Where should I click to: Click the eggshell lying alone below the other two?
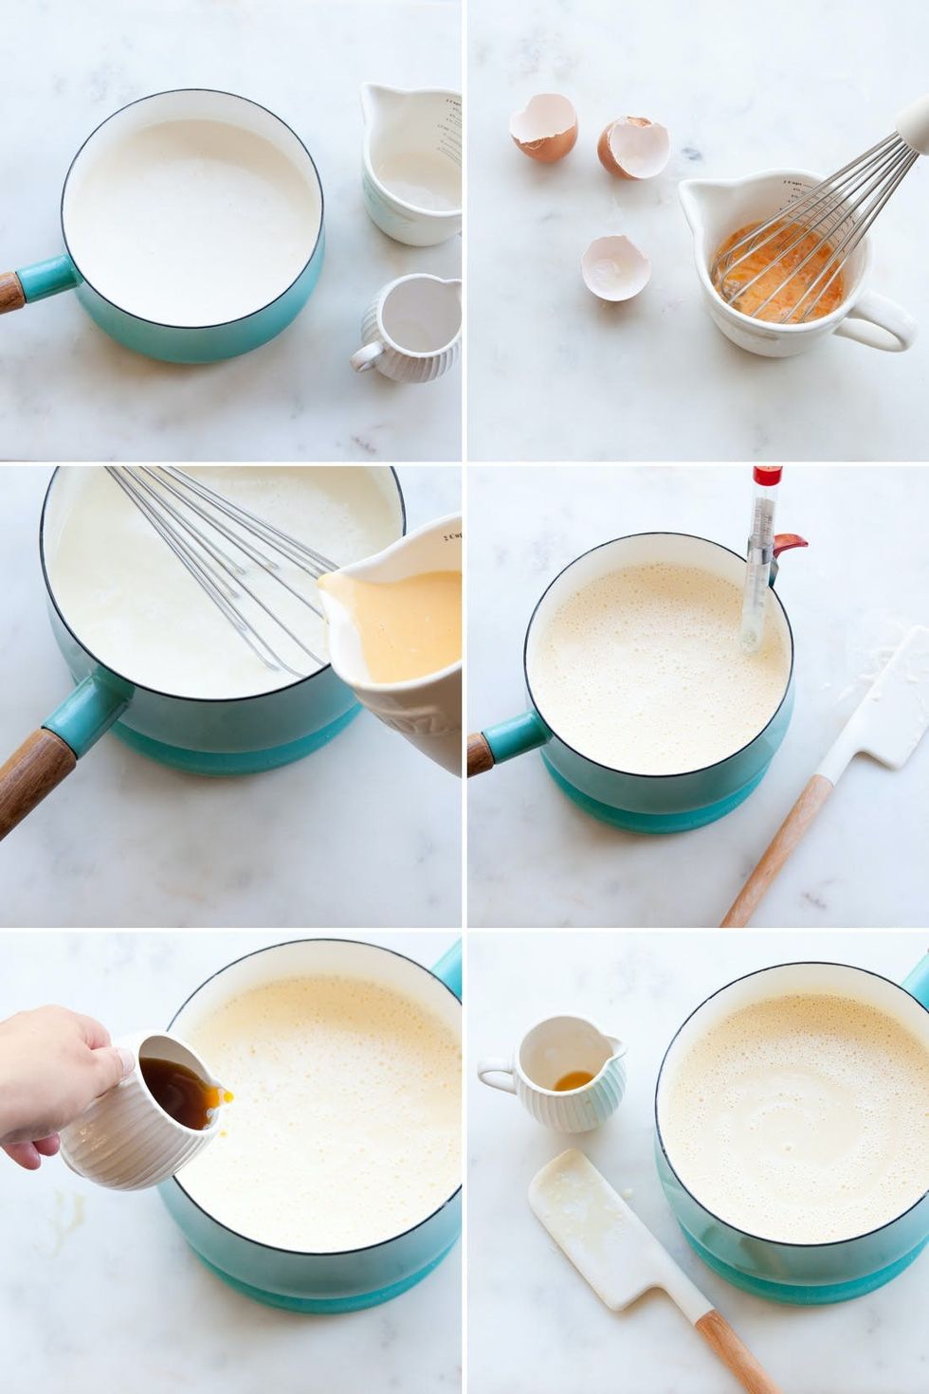(x=615, y=268)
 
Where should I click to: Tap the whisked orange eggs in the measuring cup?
(x=777, y=275)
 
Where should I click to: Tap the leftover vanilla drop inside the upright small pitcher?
(x=573, y=1081)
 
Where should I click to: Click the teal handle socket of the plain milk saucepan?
(x=47, y=279)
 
